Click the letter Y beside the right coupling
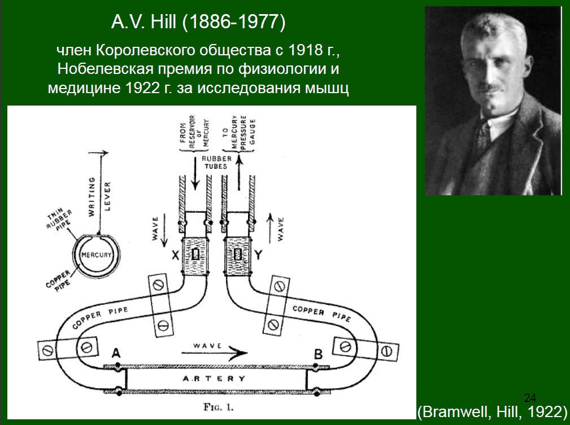pos(259,256)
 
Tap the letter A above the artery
pos(116,353)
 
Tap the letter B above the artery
pos(318,354)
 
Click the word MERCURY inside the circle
pos(97,255)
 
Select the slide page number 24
pos(530,396)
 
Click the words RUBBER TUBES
pos(217,163)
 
